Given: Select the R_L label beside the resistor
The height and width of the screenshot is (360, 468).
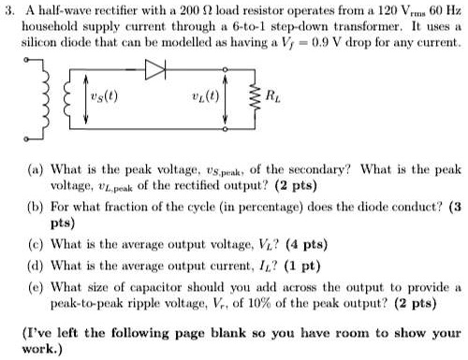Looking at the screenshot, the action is pos(273,94).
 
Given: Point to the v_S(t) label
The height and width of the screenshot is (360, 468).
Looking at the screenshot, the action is pos(91,94).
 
